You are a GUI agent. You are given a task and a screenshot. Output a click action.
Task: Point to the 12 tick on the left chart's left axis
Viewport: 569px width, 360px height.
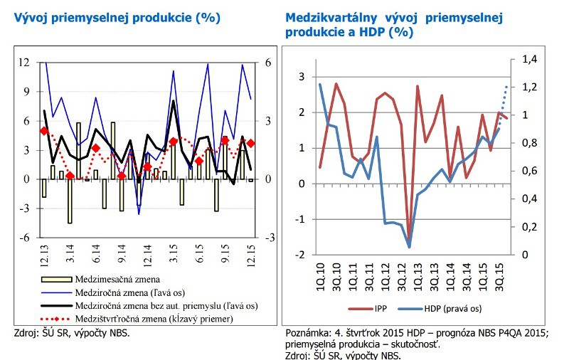coord(23,63)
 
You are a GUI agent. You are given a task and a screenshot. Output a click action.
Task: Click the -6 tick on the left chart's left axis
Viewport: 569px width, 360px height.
coord(23,238)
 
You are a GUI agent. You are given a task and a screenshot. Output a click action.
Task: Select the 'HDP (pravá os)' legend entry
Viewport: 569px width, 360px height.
coord(452,309)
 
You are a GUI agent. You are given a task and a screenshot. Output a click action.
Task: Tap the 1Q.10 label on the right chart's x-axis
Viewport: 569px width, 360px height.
coord(320,274)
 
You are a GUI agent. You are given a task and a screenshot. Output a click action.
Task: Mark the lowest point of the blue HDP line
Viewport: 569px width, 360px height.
coord(410,247)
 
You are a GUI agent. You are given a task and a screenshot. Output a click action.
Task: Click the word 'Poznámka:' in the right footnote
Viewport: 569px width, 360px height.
coord(308,334)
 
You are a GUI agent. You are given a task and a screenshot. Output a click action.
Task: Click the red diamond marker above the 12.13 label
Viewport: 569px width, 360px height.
coord(44,131)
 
